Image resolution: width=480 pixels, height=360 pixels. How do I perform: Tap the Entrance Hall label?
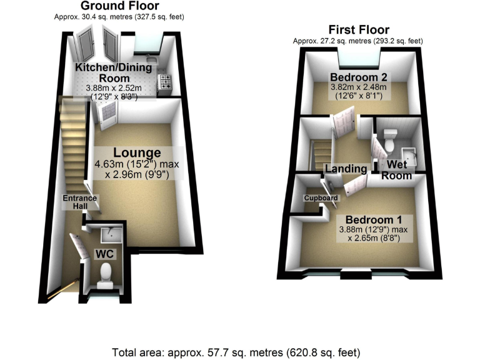pos(79,202)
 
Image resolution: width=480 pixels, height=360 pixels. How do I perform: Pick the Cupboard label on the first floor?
pos(321,198)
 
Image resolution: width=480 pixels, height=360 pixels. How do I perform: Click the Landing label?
pos(346,169)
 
